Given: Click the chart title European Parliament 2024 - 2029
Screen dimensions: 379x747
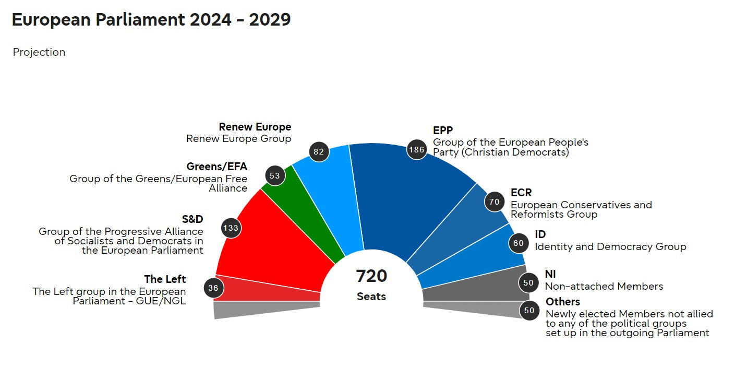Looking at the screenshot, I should point(151,20).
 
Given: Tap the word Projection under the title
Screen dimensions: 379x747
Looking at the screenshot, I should point(39,52).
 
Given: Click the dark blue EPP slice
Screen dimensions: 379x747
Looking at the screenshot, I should point(407,198).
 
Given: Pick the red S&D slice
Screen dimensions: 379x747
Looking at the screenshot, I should point(276,245).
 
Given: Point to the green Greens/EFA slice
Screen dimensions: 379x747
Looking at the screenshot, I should point(308,209).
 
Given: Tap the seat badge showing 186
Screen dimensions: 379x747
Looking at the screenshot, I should point(417,150).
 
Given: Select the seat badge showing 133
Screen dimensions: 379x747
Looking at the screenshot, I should point(231,228).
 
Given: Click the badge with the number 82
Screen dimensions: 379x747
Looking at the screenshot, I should point(319,152).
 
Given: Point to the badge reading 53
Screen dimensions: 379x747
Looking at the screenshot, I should point(275,175).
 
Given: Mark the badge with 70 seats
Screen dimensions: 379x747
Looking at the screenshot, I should point(495,202).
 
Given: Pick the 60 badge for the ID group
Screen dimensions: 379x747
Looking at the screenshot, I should point(519,243).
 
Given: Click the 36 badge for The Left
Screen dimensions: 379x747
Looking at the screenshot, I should point(213,288).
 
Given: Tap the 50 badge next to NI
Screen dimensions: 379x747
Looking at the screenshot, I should point(529,283).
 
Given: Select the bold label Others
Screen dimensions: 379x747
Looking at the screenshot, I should point(563,302).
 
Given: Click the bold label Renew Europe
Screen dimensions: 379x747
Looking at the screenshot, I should point(255,127).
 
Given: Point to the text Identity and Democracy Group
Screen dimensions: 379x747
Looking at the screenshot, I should point(610,247).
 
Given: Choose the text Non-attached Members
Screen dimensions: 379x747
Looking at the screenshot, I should point(604,287).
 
